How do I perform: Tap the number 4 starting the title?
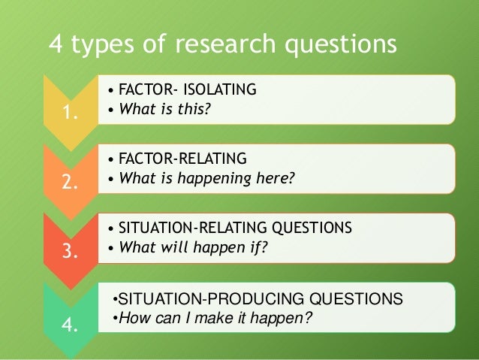click(56, 47)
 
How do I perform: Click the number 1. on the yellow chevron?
click(71, 114)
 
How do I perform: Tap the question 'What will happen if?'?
click(193, 247)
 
